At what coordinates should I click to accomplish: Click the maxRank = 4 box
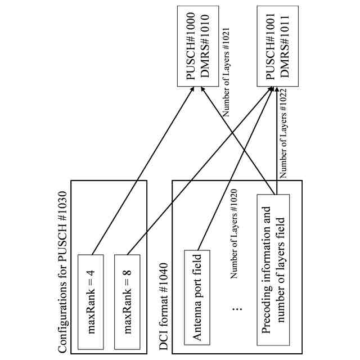pos(91,302)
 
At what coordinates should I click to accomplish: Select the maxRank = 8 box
pos(127,302)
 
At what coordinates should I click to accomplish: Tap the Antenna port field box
pos(197,298)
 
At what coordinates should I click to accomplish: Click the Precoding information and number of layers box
pos(273,270)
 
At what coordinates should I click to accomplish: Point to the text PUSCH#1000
pos(191,46)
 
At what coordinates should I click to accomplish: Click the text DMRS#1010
pos(205,46)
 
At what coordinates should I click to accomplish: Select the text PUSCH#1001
pos(270,46)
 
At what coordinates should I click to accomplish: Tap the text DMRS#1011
pos(285,46)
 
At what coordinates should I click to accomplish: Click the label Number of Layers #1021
pos(226,72)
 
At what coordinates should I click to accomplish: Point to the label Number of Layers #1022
pos(283,133)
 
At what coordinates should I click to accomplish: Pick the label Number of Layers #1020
pos(234,234)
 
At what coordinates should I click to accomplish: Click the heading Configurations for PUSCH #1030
pos(62,272)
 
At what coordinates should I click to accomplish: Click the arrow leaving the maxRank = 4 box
pos(142,170)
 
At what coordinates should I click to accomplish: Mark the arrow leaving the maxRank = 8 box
pos(200,170)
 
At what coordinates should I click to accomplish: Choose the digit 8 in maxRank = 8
pos(128,272)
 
